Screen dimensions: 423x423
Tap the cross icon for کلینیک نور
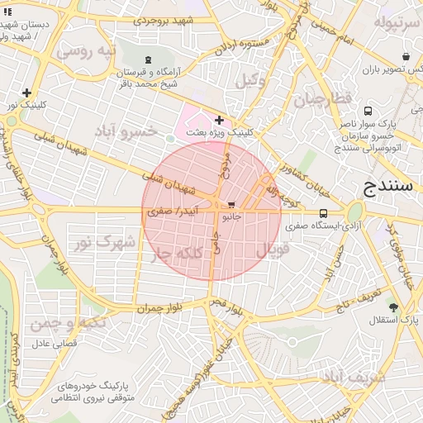[x=27, y=93]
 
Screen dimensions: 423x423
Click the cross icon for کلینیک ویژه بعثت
[x=219, y=121]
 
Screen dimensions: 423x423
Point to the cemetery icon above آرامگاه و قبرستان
[x=148, y=59]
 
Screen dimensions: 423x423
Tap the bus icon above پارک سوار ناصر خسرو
[x=367, y=112]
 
